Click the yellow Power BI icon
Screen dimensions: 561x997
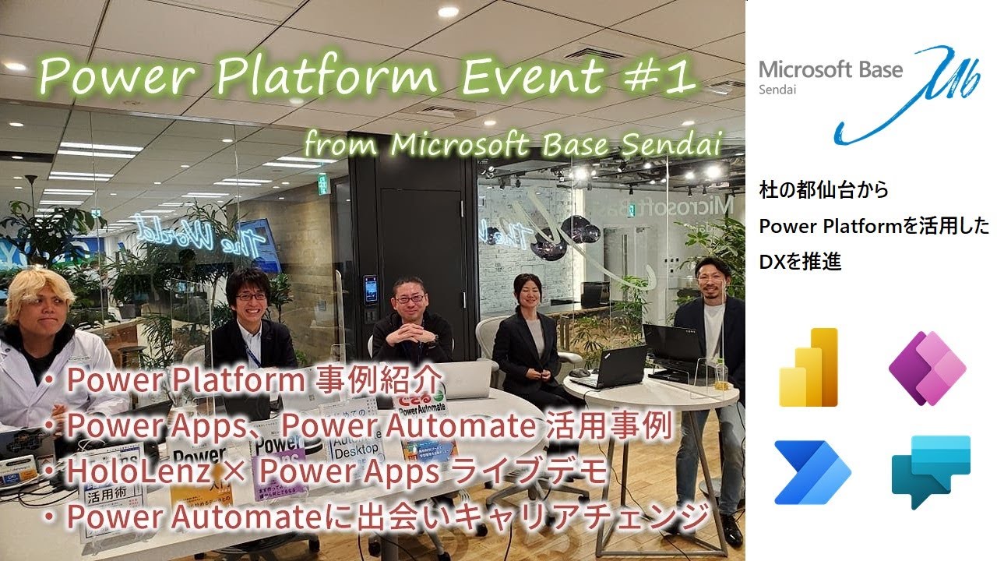pyautogui.click(x=809, y=367)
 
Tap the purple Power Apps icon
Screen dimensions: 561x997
pyautogui.click(x=927, y=368)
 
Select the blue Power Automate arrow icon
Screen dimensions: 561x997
pyautogui.click(x=812, y=472)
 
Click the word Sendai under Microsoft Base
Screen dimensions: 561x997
pyautogui.click(x=775, y=90)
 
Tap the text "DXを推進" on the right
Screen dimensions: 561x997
pyautogui.click(x=800, y=263)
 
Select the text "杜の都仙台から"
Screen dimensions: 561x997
pyautogui.click(x=823, y=189)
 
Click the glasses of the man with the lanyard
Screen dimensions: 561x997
pyautogui.click(x=251, y=296)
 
